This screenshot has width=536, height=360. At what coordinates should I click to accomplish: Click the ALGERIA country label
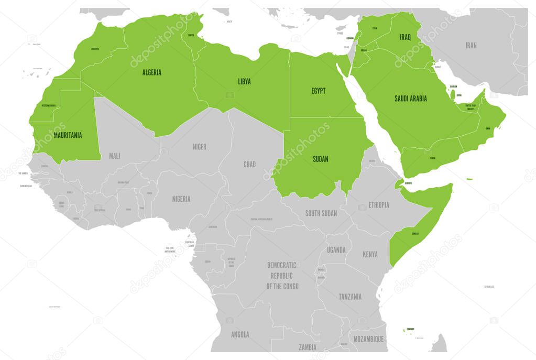(x=151, y=72)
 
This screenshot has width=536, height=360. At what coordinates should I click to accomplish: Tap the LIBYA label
(x=244, y=81)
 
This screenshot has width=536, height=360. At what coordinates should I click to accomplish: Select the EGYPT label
(x=318, y=91)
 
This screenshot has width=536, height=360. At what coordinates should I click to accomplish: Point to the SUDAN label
(x=320, y=159)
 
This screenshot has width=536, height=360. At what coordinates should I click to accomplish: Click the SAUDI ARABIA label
(x=410, y=98)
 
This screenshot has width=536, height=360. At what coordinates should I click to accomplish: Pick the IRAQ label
(x=405, y=37)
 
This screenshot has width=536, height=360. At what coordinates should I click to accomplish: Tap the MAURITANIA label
(x=68, y=135)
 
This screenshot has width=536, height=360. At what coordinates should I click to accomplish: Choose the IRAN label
(x=471, y=45)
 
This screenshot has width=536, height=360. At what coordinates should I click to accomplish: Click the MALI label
(x=114, y=156)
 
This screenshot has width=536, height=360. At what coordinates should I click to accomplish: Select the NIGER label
(x=199, y=147)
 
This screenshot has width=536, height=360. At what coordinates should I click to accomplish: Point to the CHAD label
(x=249, y=165)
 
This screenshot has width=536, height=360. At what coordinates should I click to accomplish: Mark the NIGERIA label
(x=181, y=199)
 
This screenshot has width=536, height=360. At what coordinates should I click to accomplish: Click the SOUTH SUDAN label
(x=321, y=213)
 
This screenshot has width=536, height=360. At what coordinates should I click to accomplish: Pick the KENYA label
(x=370, y=255)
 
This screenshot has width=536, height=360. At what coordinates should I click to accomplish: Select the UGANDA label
(x=336, y=250)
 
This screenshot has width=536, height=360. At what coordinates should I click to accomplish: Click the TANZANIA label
(x=349, y=297)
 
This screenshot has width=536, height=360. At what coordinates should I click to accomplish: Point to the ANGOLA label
(x=240, y=334)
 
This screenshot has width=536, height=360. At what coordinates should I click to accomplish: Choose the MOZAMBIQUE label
(x=369, y=339)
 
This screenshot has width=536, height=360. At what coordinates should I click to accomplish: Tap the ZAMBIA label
(x=308, y=347)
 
